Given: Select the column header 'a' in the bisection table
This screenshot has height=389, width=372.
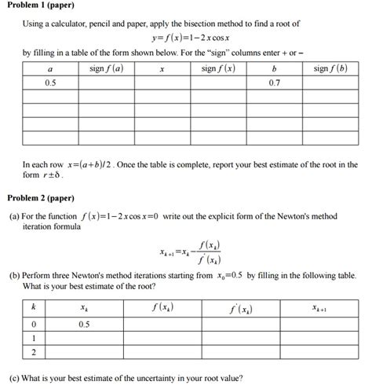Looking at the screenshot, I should (x=50, y=68).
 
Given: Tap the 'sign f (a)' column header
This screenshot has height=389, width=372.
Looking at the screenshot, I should (x=107, y=68).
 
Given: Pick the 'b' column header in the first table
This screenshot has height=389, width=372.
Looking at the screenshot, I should (x=274, y=68).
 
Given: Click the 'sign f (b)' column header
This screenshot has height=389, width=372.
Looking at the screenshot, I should (x=330, y=68).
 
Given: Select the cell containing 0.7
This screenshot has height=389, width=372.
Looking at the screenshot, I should (x=274, y=82).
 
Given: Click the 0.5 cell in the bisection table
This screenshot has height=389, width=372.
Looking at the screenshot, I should (x=50, y=82).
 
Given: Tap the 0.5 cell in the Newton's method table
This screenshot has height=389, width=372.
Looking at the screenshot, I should (x=83, y=323).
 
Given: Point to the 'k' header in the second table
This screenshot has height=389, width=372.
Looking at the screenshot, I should (x=33, y=308).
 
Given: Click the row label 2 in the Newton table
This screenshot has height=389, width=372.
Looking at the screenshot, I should (x=33, y=353).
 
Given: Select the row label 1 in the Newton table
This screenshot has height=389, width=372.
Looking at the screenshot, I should (x=33, y=338).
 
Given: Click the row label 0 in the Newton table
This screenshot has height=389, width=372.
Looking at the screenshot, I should (x=33, y=323).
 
